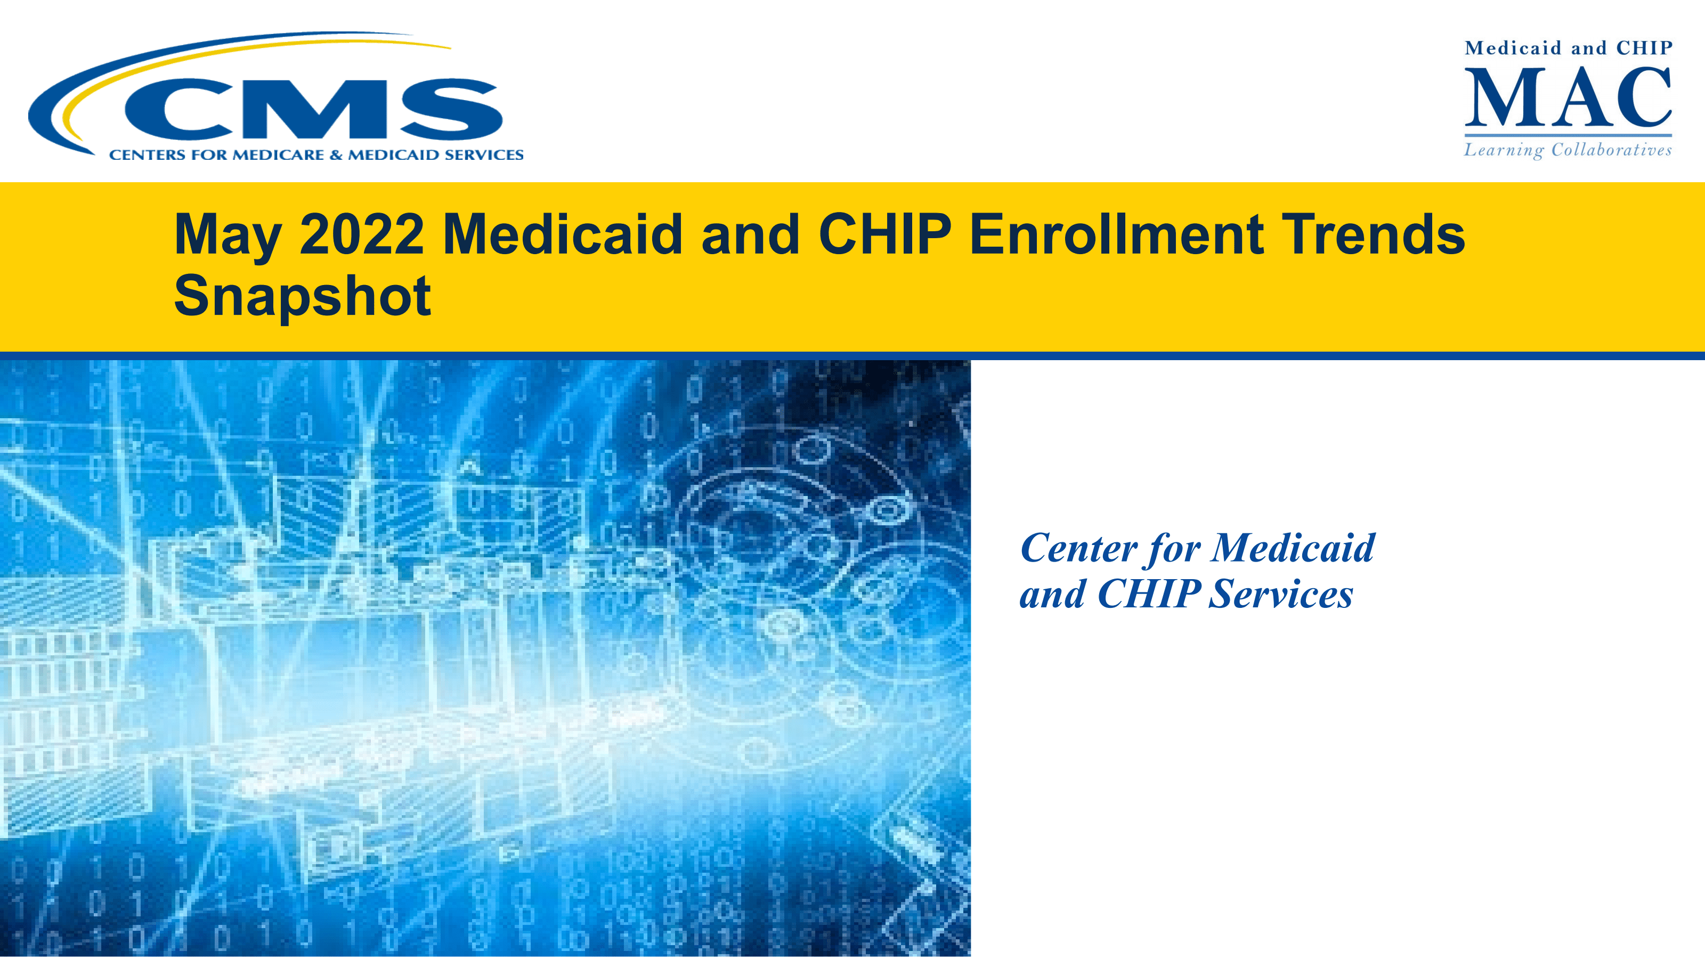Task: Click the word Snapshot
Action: pos(303,298)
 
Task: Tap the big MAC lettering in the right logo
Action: pos(1568,97)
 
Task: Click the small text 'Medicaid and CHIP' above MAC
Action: pos(1568,48)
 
